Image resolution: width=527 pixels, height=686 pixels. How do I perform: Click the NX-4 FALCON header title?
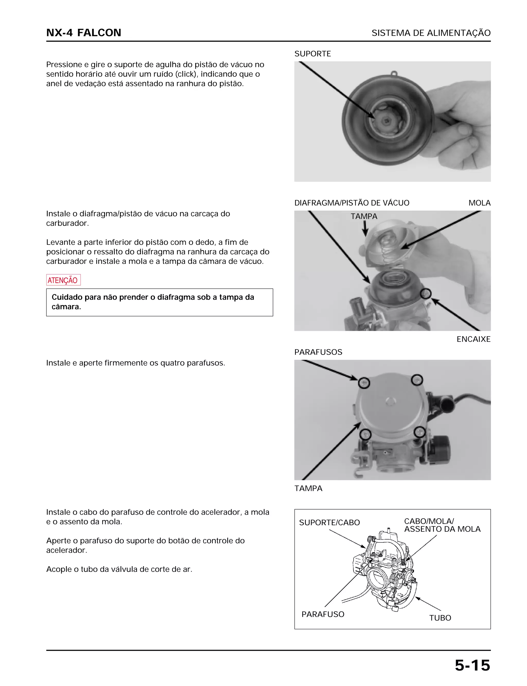click(83, 33)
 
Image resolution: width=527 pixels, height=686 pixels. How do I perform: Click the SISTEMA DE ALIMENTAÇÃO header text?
click(431, 33)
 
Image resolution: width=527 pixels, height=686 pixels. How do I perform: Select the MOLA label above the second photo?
click(479, 203)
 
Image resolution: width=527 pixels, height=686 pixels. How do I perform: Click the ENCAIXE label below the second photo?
click(473, 339)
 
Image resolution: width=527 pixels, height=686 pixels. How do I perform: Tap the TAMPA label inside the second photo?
click(364, 216)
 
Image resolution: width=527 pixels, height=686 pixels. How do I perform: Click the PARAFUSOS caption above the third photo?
click(318, 352)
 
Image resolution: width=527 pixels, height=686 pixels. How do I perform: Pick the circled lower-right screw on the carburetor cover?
click(420, 432)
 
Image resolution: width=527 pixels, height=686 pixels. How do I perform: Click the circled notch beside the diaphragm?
click(426, 293)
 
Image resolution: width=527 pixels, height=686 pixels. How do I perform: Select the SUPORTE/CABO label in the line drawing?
click(329, 522)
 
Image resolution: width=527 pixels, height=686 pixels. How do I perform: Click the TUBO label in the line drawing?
click(440, 618)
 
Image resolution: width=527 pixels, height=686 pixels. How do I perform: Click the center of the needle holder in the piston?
click(387, 121)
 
